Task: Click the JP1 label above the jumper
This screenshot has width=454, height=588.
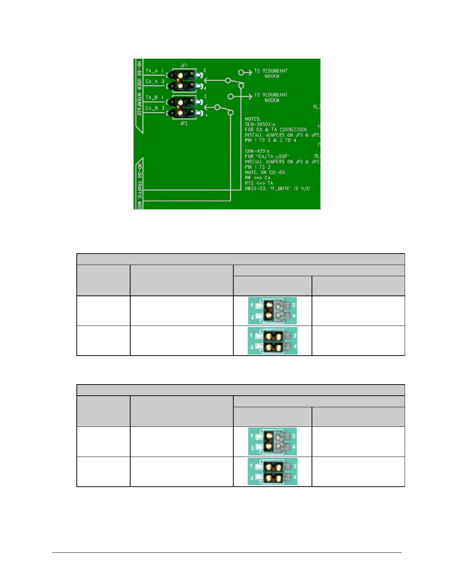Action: (184, 66)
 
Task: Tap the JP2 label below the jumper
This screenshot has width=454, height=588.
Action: (184, 123)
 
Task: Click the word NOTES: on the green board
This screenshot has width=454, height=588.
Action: (253, 119)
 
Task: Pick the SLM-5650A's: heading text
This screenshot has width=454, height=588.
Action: (260, 124)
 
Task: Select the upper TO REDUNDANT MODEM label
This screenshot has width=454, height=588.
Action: (271, 73)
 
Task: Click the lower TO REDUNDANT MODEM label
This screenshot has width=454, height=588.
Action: (271, 97)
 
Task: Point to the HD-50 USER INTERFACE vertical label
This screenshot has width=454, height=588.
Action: (139, 88)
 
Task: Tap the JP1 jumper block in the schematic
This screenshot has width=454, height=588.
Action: (184, 81)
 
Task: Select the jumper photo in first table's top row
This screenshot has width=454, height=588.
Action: (272, 311)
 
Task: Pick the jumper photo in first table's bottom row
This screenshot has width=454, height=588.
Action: (272, 341)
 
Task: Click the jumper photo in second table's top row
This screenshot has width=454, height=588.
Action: (272, 442)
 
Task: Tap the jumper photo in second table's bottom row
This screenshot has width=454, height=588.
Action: (272, 472)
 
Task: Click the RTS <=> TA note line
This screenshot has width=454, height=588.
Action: (259, 183)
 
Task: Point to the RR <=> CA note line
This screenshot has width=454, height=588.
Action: (258, 178)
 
